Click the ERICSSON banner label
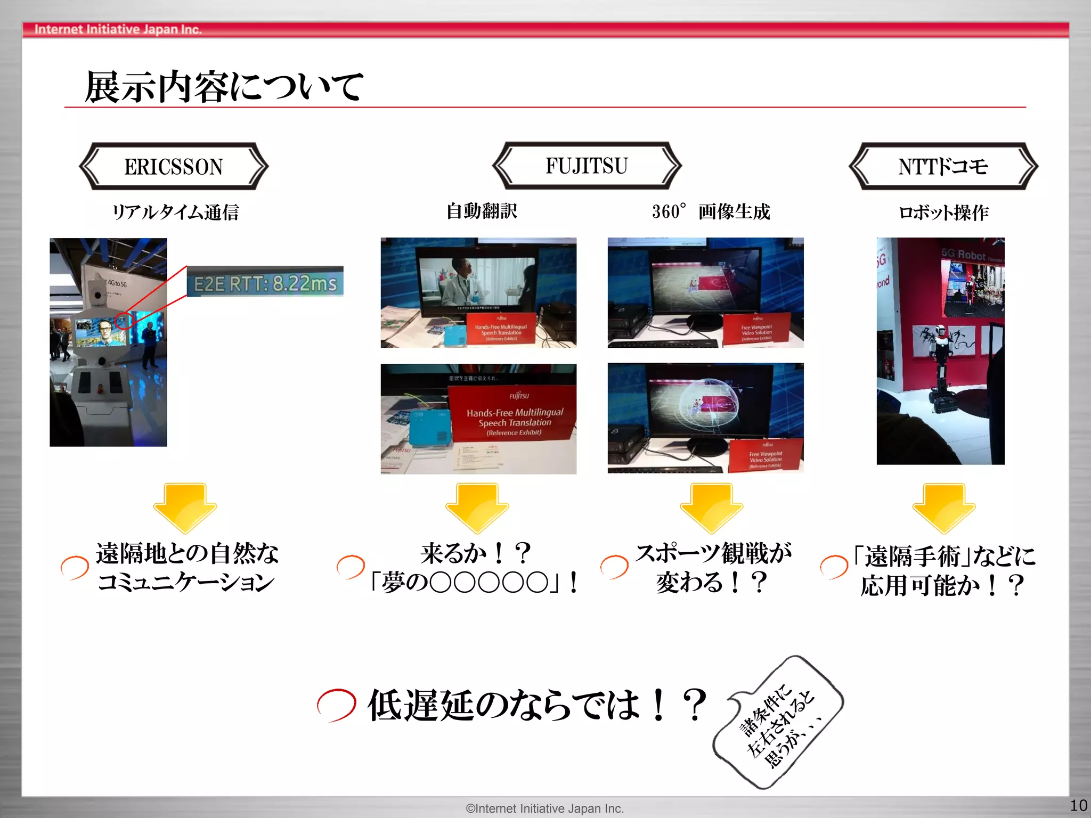[174, 166]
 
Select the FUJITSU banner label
[587, 166]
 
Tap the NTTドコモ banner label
[943, 166]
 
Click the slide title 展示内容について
[224, 86]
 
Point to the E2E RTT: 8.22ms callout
[265, 282]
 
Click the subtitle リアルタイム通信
[175, 212]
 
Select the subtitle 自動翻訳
[482, 211]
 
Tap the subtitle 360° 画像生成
[711, 211]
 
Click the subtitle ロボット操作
[943, 212]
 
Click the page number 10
[1078, 805]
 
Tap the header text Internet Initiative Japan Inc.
[118, 29]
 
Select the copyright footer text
[544, 808]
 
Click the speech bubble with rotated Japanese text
[778, 722]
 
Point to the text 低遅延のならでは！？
[537, 705]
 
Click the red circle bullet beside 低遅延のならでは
[336, 705]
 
